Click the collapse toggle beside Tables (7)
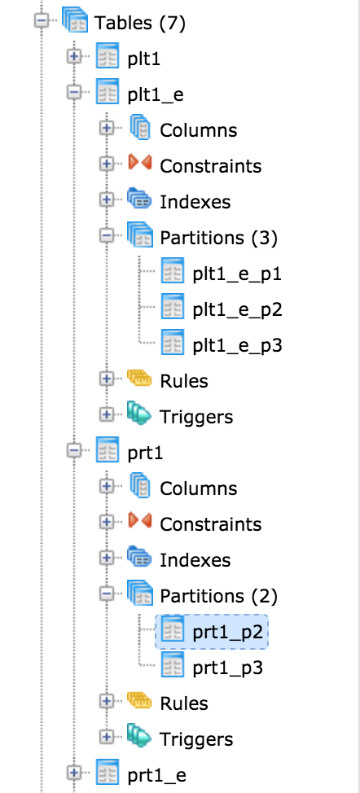(x=42, y=22)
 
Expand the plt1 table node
(x=74, y=57)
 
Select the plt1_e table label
(x=156, y=94)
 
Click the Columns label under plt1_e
(x=198, y=130)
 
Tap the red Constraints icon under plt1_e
(x=139, y=164)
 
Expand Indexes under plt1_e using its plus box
(x=106, y=199)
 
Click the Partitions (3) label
(x=218, y=238)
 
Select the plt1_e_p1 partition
(x=237, y=274)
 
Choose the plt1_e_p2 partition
(x=237, y=309)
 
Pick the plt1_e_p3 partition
(x=237, y=345)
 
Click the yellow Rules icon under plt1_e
(x=139, y=379)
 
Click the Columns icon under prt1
(x=140, y=487)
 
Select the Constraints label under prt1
(x=210, y=524)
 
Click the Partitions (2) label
(x=218, y=596)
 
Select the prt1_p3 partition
(x=227, y=668)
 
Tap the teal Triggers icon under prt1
(x=139, y=737)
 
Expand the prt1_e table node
(x=74, y=773)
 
